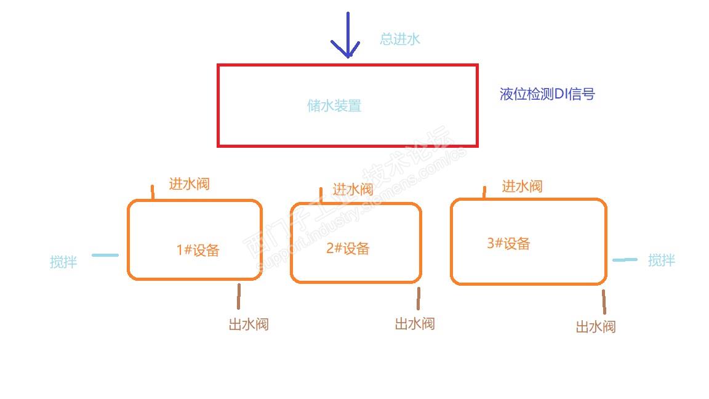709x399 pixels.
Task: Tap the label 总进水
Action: (x=400, y=39)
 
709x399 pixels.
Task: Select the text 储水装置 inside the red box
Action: (x=334, y=106)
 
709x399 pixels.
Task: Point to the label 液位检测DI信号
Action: (x=547, y=94)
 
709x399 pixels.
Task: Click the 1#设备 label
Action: (x=198, y=250)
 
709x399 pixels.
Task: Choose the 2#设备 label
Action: (x=348, y=248)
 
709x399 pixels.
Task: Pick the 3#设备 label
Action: (x=508, y=243)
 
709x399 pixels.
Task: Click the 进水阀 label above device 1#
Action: (x=190, y=183)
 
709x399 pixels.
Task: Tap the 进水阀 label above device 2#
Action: (x=353, y=189)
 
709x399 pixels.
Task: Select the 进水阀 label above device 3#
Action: (x=522, y=186)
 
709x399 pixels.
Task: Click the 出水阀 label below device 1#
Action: (x=249, y=324)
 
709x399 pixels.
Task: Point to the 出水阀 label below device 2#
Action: (x=415, y=323)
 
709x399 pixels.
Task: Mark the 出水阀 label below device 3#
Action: (x=596, y=326)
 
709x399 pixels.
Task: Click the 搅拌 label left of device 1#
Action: (x=63, y=262)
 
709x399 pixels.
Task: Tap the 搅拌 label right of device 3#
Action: (x=662, y=260)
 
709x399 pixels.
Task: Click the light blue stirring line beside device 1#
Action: (x=105, y=255)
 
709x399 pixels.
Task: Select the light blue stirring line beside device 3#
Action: (x=625, y=260)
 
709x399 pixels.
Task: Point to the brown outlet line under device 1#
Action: (x=239, y=296)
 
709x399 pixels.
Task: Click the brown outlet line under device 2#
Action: (x=419, y=299)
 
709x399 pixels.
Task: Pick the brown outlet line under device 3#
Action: (x=604, y=302)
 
